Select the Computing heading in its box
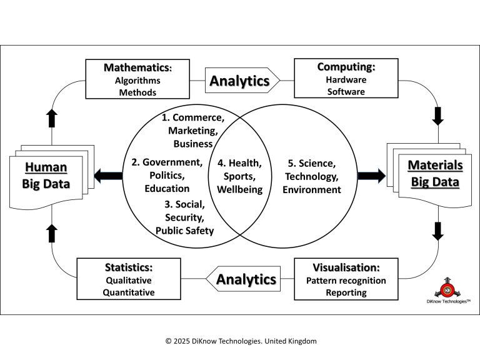pyautogui.click(x=346, y=67)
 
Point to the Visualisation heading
pyautogui.click(x=346, y=267)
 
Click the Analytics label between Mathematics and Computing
pyautogui.click(x=239, y=81)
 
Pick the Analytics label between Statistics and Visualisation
pyautogui.click(x=246, y=279)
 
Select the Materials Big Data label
pyautogui.click(x=435, y=174)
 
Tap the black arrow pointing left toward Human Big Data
pyautogui.click(x=108, y=176)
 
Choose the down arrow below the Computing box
pyautogui.click(x=437, y=116)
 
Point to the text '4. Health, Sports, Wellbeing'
pyautogui.click(x=240, y=176)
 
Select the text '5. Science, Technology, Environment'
pyautogui.click(x=311, y=176)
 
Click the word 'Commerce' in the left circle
pyautogui.click(x=197, y=117)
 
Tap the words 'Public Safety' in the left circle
pyautogui.click(x=184, y=231)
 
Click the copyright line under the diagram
pyautogui.click(x=241, y=341)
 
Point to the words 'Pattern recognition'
pyautogui.click(x=346, y=281)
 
